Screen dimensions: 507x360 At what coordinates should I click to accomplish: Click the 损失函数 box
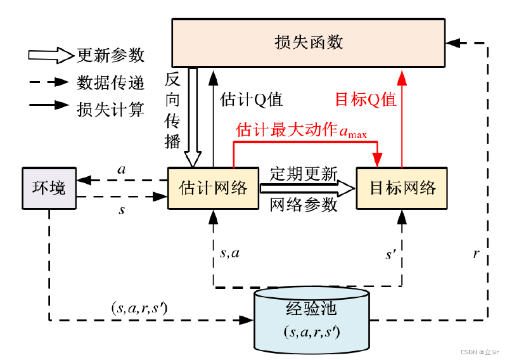308,42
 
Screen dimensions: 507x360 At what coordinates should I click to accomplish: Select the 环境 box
49,188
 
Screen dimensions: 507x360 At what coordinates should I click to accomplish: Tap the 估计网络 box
213,188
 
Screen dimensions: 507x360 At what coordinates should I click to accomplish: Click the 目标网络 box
402,188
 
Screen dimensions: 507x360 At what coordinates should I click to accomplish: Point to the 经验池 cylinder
312,319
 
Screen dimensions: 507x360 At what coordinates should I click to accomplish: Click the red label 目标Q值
366,100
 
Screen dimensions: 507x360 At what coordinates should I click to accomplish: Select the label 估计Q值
251,100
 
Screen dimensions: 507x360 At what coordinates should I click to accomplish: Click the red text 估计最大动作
286,129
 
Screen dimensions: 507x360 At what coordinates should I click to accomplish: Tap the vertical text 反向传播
172,110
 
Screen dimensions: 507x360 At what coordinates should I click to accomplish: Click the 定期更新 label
304,174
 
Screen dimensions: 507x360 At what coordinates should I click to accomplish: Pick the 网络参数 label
304,205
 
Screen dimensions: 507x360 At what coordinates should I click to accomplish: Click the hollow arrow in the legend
51,55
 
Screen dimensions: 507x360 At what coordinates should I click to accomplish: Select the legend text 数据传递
110,82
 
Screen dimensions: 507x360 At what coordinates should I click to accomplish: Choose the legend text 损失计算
110,109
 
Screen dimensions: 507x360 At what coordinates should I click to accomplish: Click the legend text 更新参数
110,55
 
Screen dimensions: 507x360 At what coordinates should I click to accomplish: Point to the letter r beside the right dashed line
476,254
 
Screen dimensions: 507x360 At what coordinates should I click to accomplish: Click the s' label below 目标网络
390,255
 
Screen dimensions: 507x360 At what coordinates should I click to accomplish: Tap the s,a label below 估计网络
229,254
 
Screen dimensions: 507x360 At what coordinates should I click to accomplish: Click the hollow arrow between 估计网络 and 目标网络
307,188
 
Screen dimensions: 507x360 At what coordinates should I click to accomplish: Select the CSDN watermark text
480,352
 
